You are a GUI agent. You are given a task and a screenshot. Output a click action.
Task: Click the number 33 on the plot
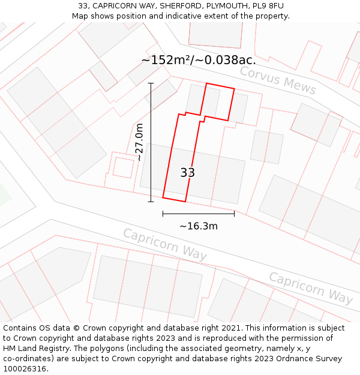pos(187,173)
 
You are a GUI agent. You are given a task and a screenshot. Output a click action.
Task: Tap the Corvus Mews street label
pos(278,80)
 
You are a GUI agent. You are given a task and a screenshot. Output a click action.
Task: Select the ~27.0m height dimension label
pos(139,142)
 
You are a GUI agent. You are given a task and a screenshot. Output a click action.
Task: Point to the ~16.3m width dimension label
pos(198,226)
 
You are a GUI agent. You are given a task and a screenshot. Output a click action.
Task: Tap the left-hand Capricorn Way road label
pos(165,244)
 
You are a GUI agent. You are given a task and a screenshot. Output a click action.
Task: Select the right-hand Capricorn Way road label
pos(310,287)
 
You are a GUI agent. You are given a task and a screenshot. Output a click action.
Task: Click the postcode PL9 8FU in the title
pos(268,6)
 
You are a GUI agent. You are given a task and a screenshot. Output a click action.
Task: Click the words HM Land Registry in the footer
pos(33,349)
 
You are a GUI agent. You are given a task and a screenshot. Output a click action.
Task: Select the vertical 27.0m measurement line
pos(151,142)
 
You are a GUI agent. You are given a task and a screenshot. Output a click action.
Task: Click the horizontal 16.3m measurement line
pos(198,214)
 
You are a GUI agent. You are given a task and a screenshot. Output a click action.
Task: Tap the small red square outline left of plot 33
pos(123,167)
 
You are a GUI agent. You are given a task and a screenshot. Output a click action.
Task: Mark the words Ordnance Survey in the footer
pos(309,359)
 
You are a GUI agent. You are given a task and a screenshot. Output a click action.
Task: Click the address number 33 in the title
pos(83,6)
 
